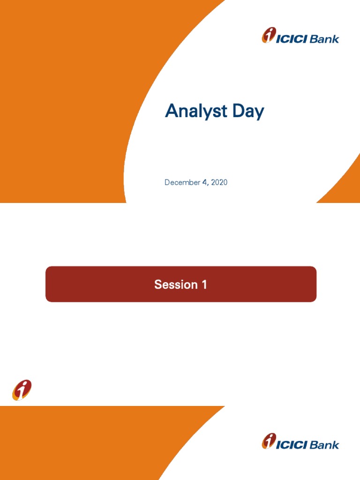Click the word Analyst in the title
tap(196, 111)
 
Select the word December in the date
tap(182, 182)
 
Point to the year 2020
tap(219, 182)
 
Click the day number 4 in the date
tap(204, 182)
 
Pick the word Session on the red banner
tap(176, 285)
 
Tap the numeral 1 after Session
tap(204, 285)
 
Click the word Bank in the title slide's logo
tap(324, 39)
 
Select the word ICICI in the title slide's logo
tap(292, 39)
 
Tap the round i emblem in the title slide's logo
tap(269, 35)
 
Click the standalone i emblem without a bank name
tap(22, 390)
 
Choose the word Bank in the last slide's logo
tap(324, 445)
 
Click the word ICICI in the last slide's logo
tap(292, 445)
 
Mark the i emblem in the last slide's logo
tap(269, 441)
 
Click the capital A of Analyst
tap(172, 111)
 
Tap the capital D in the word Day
tap(239, 111)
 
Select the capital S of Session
tap(158, 285)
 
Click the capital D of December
tap(167, 182)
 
